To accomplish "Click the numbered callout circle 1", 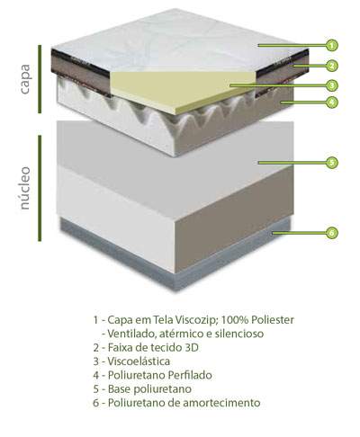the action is (x=331, y=46).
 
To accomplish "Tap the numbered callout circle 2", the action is (x=331, y=66).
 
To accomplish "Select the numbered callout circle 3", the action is (x=331, y=85).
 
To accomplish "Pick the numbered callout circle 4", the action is (x=331, y=103).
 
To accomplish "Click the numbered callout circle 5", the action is (x=331, y=163).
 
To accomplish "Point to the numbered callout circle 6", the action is (x=331, y=233).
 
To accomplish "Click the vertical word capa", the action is (x=24, y=79).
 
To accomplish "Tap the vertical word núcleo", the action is (x=24, y=188).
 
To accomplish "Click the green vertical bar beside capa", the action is (x=40, y=79).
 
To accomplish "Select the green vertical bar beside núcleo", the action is (x=40, y=188).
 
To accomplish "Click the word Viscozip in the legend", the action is (x=195, y=320).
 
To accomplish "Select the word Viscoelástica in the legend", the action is (x=139, y=361).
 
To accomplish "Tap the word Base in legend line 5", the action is (x=119, y=388).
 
